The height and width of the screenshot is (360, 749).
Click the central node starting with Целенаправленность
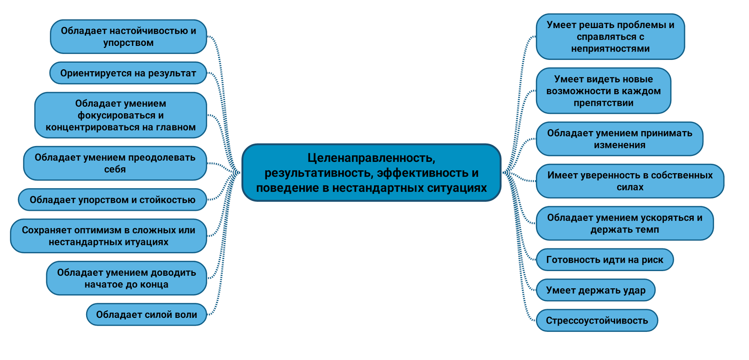click(x=371, y=173)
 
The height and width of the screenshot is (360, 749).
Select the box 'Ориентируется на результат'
click(x=128, y=73)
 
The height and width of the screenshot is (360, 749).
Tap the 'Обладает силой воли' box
click(x=147, y=315)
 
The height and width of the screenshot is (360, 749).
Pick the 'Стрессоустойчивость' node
click(x=597, y=321)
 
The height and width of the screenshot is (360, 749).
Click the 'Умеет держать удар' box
click(x=595, y=290)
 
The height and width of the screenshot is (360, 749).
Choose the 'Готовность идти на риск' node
click(x=604, y=260)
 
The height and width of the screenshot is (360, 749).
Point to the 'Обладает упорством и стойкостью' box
click(x=112, y=200)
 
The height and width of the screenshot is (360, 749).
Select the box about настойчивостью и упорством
click(x=128, y=37)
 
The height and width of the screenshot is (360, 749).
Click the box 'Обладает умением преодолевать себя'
click(x=115, y=163)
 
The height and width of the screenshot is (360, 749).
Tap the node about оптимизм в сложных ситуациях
click(x=109, y=236)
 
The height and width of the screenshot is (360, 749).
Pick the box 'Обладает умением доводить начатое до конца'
click(x=126, y=278)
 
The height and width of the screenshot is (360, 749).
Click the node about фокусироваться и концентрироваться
click(x=121, y=115)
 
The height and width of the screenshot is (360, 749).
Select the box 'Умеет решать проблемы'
click(x=610, y=37)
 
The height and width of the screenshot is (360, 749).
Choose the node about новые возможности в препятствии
click(x=603, y=91)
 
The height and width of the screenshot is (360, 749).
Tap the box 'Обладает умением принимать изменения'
click(x=619, y=139)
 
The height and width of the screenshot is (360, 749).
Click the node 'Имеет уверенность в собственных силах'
click(x=630, y=181)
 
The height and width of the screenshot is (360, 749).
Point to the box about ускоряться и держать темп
click(x=624, y=223)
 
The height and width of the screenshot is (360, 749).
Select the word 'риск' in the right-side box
click(x=652, y=260)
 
